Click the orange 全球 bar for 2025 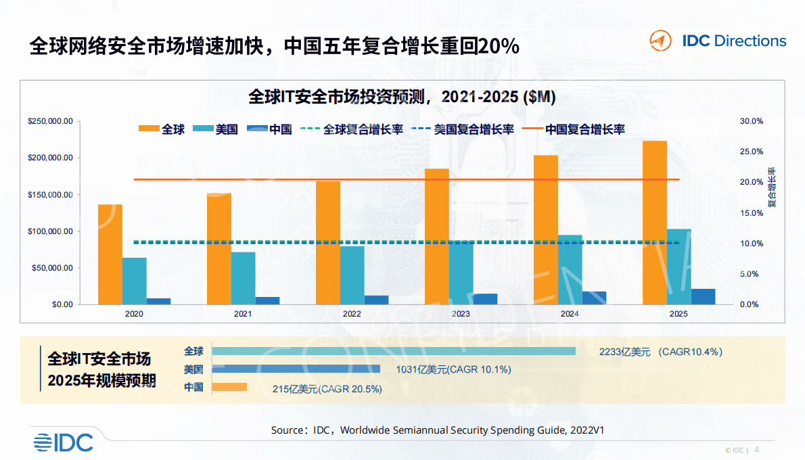[655, 223]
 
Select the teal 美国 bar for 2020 [134, 281]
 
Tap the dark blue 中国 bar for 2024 [594, 298]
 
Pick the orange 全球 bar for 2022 [328, 243]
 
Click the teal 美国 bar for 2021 [243, 278]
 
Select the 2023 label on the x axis [461, 314]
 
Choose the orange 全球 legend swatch [149, 129]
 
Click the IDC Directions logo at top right [718, 41]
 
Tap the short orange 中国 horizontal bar [229, 387]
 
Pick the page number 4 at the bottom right [756, 449]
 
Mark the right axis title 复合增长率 [771, 187]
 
